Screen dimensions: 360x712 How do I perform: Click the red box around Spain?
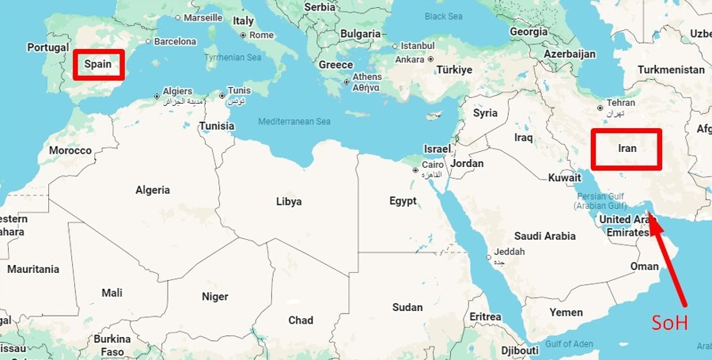coord(99,64)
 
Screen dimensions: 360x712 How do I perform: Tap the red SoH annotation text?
coord(670,323)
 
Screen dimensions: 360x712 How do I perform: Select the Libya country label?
coord(289,201)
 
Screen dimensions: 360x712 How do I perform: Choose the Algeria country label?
coord(153,190)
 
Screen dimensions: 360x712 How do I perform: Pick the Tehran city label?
coord(621,103)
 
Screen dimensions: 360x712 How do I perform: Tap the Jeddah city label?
coord(509,252)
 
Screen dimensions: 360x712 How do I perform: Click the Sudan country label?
coord(407,307)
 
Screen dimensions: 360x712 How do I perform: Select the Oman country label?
coord(644,266)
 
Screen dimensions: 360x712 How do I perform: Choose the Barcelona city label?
coord(175,41)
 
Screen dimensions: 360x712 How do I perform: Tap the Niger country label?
coord(215,297)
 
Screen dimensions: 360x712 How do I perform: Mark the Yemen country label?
coord(566,313)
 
